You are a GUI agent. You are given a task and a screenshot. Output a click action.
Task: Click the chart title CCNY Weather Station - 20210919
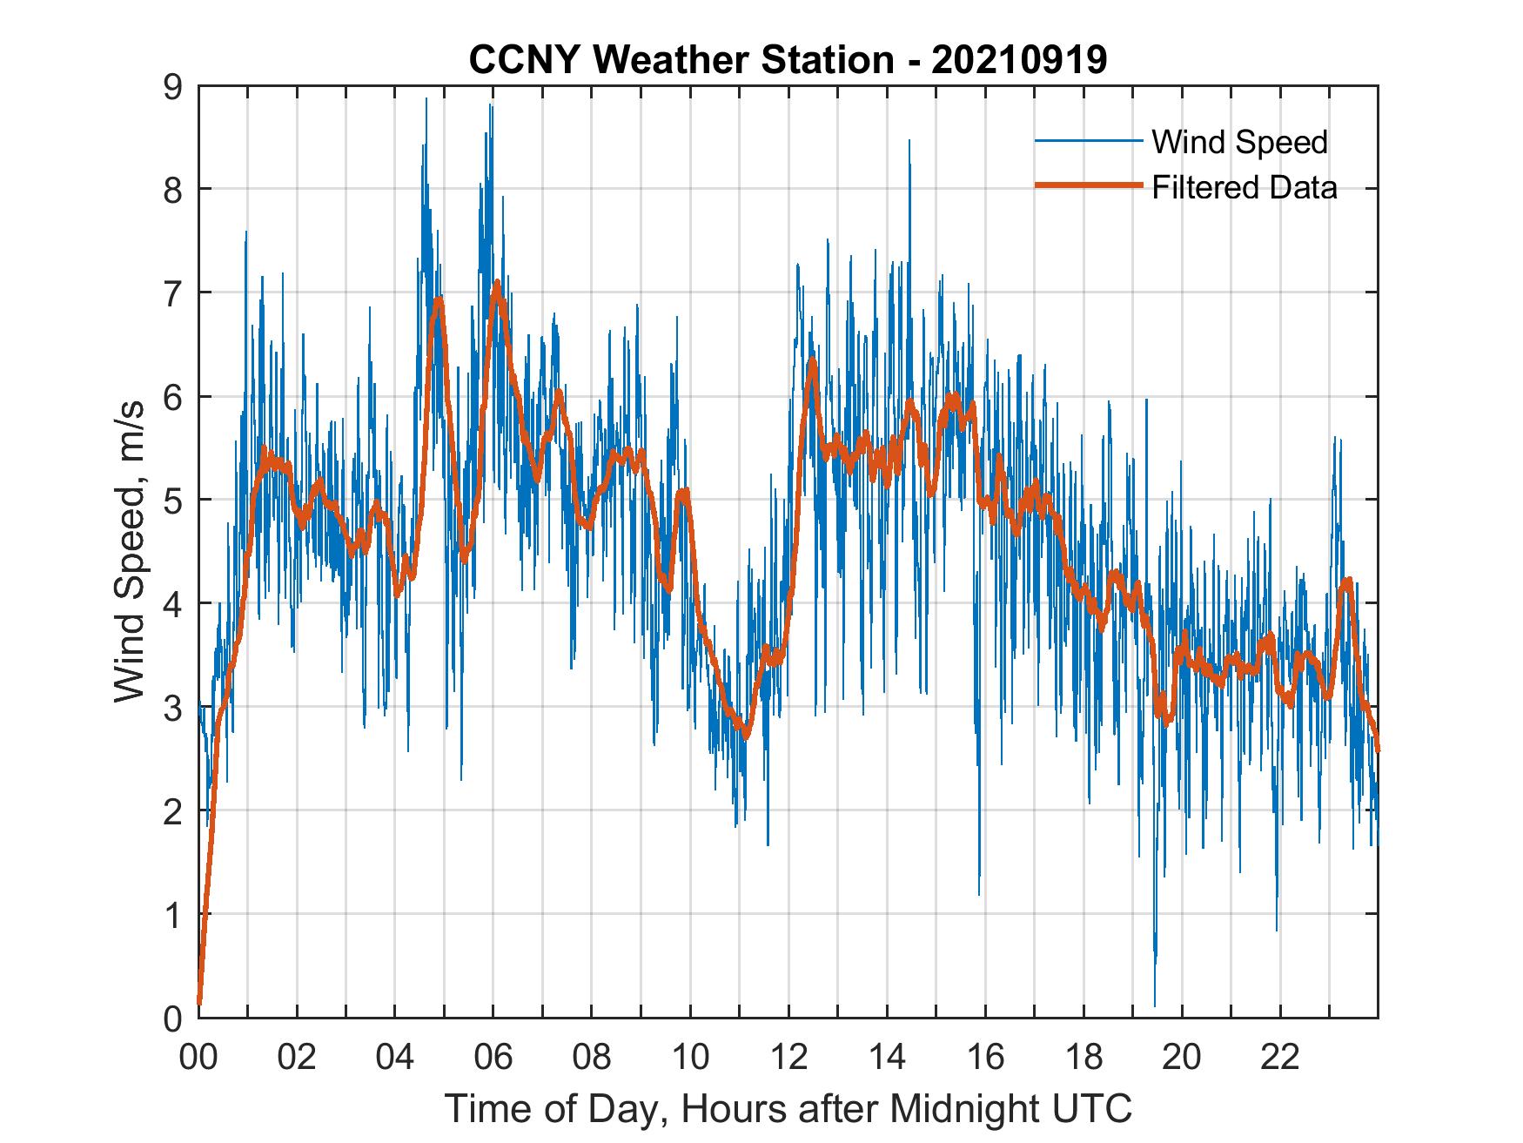click(x=788, y=60)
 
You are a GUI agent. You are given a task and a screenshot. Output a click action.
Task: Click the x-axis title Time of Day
click(x=788, y=1109)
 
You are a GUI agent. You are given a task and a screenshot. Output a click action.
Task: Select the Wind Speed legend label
click(x=1239, y=142)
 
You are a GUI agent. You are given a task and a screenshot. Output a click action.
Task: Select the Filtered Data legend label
click(x=1244, y=187)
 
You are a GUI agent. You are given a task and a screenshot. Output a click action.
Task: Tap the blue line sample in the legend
click(x=1088, y=141)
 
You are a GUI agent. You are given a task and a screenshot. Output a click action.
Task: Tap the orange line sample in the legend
click(x=1088, y=186)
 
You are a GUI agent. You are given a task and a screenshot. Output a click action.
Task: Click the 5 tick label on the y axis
click(x=173, y=500)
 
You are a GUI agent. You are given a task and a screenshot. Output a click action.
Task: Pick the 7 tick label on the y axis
click(x=173, y=292)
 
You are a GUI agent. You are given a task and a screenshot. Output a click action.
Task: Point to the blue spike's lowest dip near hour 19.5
click(x=1155, y=1005)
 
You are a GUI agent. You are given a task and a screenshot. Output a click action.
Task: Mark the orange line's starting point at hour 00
click(x=199, y=1003)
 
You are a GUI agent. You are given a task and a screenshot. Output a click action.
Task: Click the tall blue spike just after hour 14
click(x=909, y=141)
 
